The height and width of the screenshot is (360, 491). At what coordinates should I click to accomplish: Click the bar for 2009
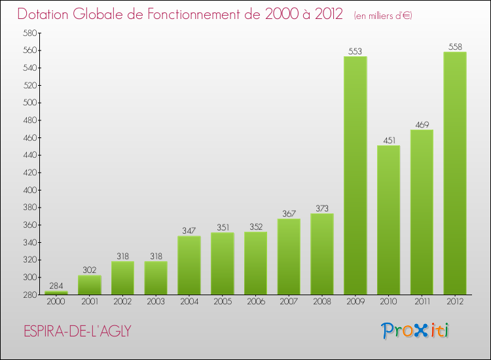pyautogui.click(x=355, y=175)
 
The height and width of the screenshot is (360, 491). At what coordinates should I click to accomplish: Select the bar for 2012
pyautogui.click(x=455, y=173)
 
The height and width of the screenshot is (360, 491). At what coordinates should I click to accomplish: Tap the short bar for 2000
pyautogui.click(x=56, y=293)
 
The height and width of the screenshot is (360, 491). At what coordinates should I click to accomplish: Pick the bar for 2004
pyautogui.click(x=189, y=265)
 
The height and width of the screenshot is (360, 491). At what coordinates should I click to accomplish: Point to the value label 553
pyautogui.click(x=355, y=51)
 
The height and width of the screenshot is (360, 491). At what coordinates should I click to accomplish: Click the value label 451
pyautogui.click(x=390, y=140)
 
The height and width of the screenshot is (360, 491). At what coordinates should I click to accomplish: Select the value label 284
pyautogui.click(x=56, y=286)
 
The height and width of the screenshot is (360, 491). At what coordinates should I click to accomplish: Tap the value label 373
pyautogui.click(x=322, y=209)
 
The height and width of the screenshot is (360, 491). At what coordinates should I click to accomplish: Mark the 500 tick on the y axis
pyautogui.click(x=30, y=103)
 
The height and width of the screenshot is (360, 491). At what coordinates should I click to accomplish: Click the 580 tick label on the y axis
pyautogui.click(x=30, y=33)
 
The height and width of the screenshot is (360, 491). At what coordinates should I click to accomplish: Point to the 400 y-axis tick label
pyautogui.click(x=30, y=190)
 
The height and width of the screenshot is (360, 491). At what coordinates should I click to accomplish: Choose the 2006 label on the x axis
pyautogui.click(x=256, y=302)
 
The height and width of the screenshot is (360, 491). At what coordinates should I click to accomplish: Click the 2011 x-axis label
pyautogui.click(x=422, y=302)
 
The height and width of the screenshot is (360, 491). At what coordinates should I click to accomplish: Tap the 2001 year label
pyautogui.click(x=90, y=302)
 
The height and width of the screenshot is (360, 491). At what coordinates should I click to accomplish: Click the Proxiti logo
pyautogui.click(x=415, y=331)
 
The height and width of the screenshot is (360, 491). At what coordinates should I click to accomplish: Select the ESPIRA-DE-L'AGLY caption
pyautogui.click(x=77, y=331)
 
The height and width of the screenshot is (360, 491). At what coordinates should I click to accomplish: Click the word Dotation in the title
pyautogui.click(x=43, y=14)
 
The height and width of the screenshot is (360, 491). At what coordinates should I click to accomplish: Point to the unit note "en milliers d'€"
pyautogui.click(x=383, y=16)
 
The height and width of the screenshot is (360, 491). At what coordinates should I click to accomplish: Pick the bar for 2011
pyautogui.click(x=422, y=212)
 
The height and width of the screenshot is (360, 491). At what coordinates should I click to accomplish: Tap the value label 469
pyautogui.click(x=422, y=125)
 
